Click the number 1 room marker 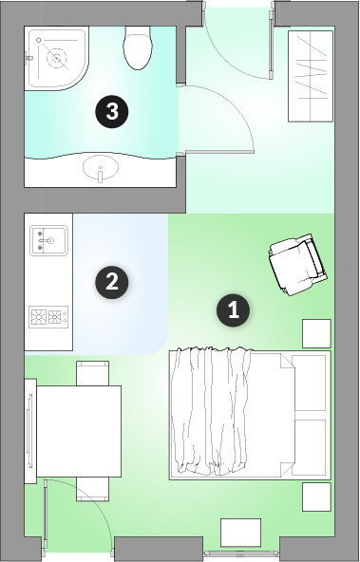(233, 310)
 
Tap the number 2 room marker (112, 283)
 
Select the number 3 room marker (112, 111)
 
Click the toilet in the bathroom (138, 47)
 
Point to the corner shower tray (56, 59)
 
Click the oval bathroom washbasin (101, 168)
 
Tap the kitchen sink (48, 240)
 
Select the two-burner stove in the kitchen (48, 317)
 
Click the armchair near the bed (297, 265)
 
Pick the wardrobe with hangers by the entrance (311, 76)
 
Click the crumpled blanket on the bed (211, 411)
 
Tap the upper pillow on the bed (309, 383)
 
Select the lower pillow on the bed (309, 448)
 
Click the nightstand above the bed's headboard (316, 334)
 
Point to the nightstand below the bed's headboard (316, 496)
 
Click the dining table (79, 431)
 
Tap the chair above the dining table (92, 373)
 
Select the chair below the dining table (92, 489)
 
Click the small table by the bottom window (240, 533)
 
